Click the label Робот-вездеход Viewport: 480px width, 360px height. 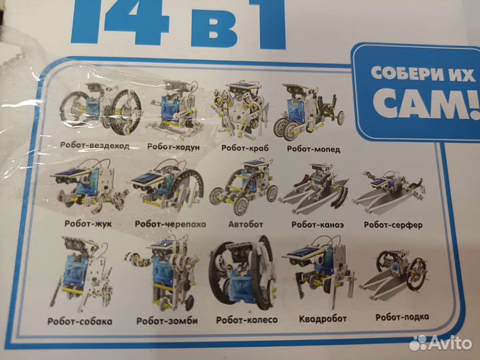95,146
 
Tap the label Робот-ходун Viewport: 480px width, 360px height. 173,147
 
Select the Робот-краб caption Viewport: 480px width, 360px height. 245,148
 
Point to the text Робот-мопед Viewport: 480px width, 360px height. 313,149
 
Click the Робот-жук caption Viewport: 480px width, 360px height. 88,224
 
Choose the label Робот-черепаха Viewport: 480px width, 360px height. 171,224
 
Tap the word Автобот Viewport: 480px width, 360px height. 245,225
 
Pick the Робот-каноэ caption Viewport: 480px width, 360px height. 317,225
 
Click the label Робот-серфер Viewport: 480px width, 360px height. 393,225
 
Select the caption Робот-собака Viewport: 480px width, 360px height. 80,321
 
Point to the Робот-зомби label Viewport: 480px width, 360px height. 167,321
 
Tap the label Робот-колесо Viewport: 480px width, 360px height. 247,320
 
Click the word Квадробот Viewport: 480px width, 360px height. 323,319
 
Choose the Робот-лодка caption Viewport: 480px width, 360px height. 402,317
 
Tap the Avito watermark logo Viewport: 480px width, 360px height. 441,343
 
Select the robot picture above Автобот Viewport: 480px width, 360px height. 244,187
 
